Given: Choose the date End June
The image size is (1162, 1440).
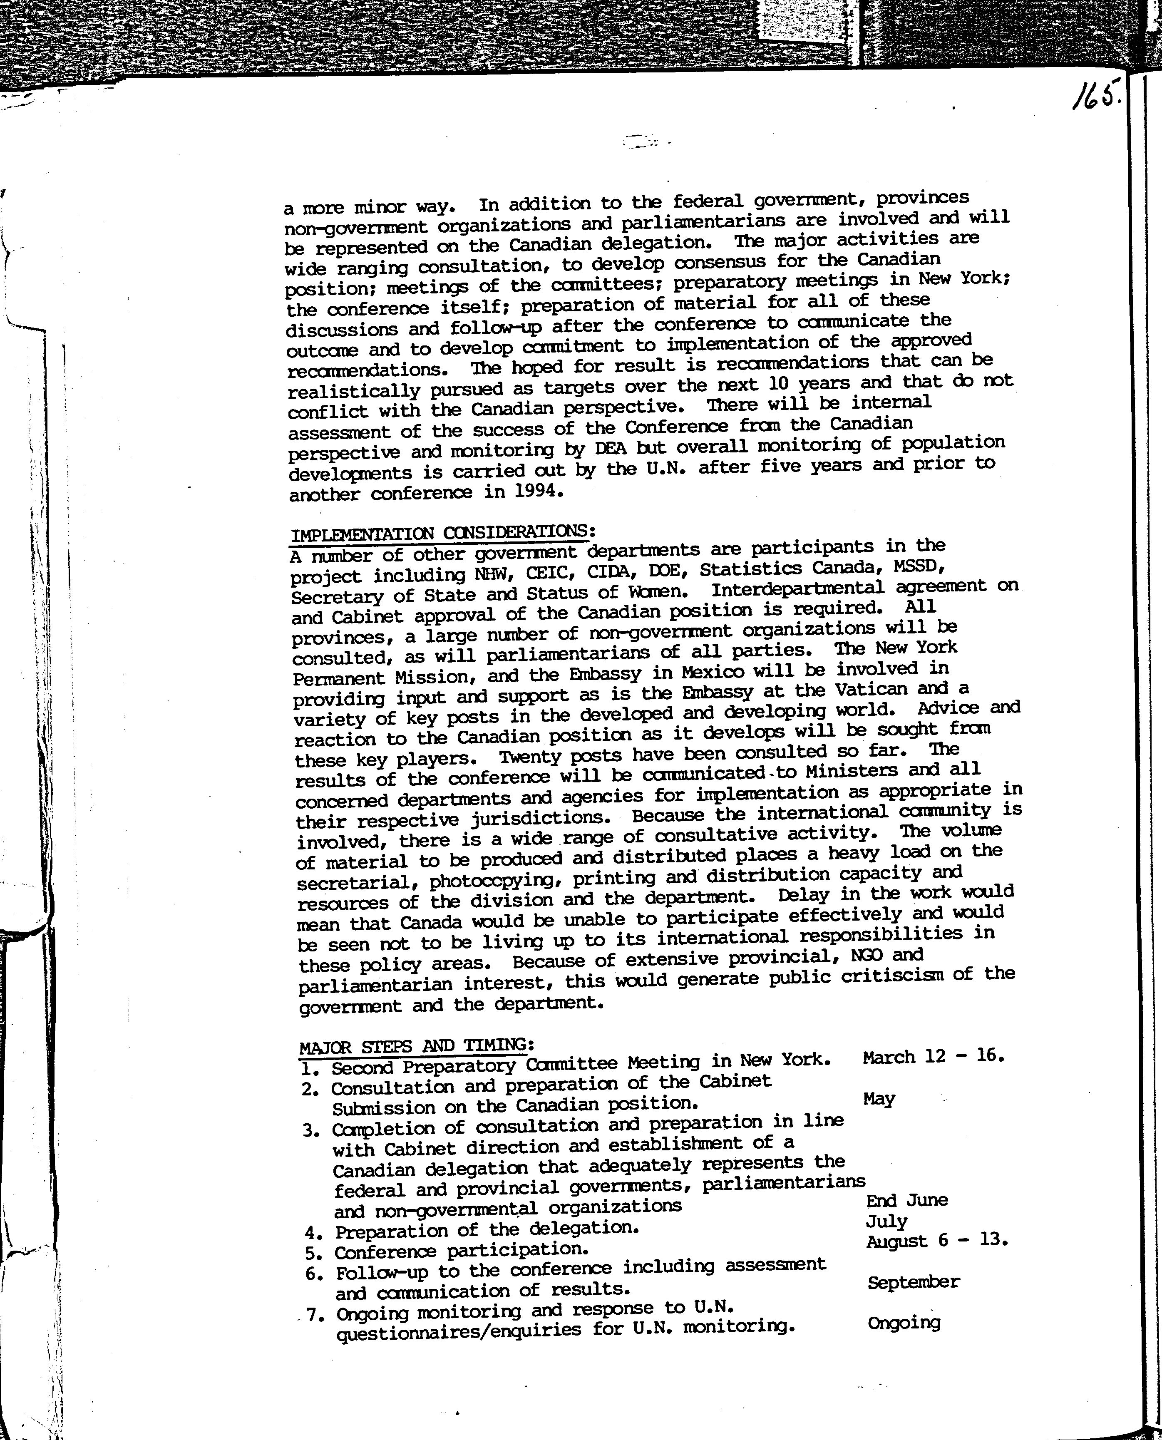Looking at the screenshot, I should tap(907, 1199).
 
